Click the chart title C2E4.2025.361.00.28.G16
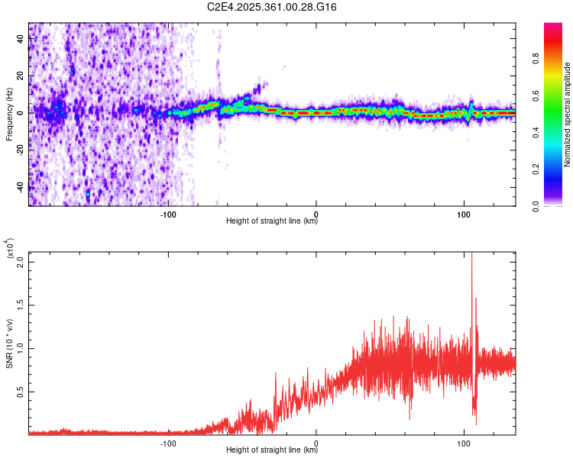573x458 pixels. (x=272, y=7)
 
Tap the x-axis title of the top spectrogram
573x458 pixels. (x=272, y=221)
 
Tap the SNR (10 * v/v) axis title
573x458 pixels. (x=9, y=343)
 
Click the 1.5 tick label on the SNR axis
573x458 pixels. (x=21, y=304)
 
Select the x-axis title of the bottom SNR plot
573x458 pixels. (x=272, y=452)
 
